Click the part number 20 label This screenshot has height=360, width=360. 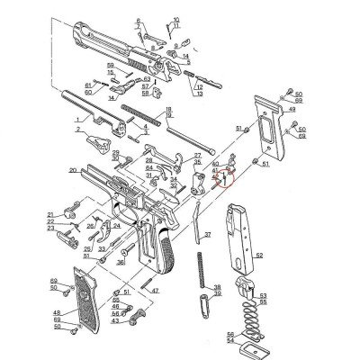coord(71,169)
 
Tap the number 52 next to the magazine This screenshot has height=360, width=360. coord(260,256)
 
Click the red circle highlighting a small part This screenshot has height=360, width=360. coord(224,176)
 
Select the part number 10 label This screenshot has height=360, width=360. coord(176,18)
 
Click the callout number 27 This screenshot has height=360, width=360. coord(197,156)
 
